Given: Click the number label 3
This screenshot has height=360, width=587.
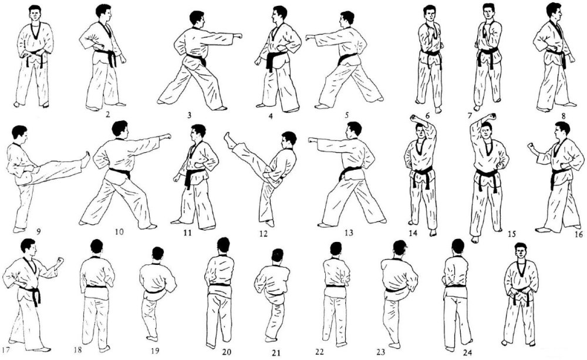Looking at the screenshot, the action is pyautogui.click(x=190, y=115).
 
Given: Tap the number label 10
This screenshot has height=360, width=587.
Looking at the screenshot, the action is pyautogui.click(x=119, y=232).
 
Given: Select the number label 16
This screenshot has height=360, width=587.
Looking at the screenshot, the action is pyautogui.click(x=578, y=234).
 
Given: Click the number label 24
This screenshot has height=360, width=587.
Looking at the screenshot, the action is pyautogui.click(x=467, y=352).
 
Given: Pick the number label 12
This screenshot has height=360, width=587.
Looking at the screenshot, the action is pyautogui.click(x=263, y=234).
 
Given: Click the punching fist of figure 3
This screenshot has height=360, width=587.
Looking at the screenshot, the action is pyautogui.click(x=238, y=36).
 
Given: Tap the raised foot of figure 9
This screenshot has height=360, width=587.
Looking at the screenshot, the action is pyautogui.click(x=86, y=159).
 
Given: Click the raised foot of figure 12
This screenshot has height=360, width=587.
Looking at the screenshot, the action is pyautogui.click(x=230, y=140).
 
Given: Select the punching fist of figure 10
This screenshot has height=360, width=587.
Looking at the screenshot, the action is pyautogui.click(x=167, y=136).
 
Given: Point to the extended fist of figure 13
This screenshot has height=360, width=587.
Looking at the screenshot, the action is pyautogui.click(x=313, y=140).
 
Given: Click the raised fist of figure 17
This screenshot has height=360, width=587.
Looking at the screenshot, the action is pyautogui.click(x=59, y=261).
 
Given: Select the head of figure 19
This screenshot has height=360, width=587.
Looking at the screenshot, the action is pyautogui.click(x=157, y=254).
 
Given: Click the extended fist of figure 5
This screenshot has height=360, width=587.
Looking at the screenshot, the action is pyautogui.click(x=310, y=37).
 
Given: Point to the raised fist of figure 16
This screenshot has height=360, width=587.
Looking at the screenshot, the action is pyautogui.click(x=531, y=146).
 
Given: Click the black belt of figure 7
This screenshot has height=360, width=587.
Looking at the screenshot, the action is pyautogui.click(x=488, y=57).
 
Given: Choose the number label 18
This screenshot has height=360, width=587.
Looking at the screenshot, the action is pyautogui.click(x=78, y=350).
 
